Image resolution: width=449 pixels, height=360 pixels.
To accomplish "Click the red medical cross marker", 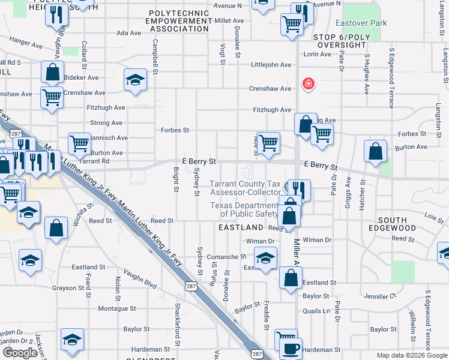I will pyautogui.click(x=309, y=83).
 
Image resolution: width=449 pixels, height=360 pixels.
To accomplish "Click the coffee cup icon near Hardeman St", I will pyautogui.click(x=292, y=348).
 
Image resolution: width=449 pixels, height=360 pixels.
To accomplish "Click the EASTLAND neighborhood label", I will pyautogui.click(x=241, y=227).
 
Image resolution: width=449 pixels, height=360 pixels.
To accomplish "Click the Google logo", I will pyautogui.click(x=20, y=353).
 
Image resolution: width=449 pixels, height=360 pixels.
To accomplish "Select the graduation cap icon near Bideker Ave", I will pyautogui.click(x=136, y=79).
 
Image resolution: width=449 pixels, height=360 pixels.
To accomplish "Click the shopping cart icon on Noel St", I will pyautogui.click(x=268, y=143).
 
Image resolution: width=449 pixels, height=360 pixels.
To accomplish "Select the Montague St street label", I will pyautogui.click(x=118, y=308).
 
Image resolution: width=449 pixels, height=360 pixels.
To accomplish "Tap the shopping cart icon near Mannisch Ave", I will pyautogui.click(x=79, y=143).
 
